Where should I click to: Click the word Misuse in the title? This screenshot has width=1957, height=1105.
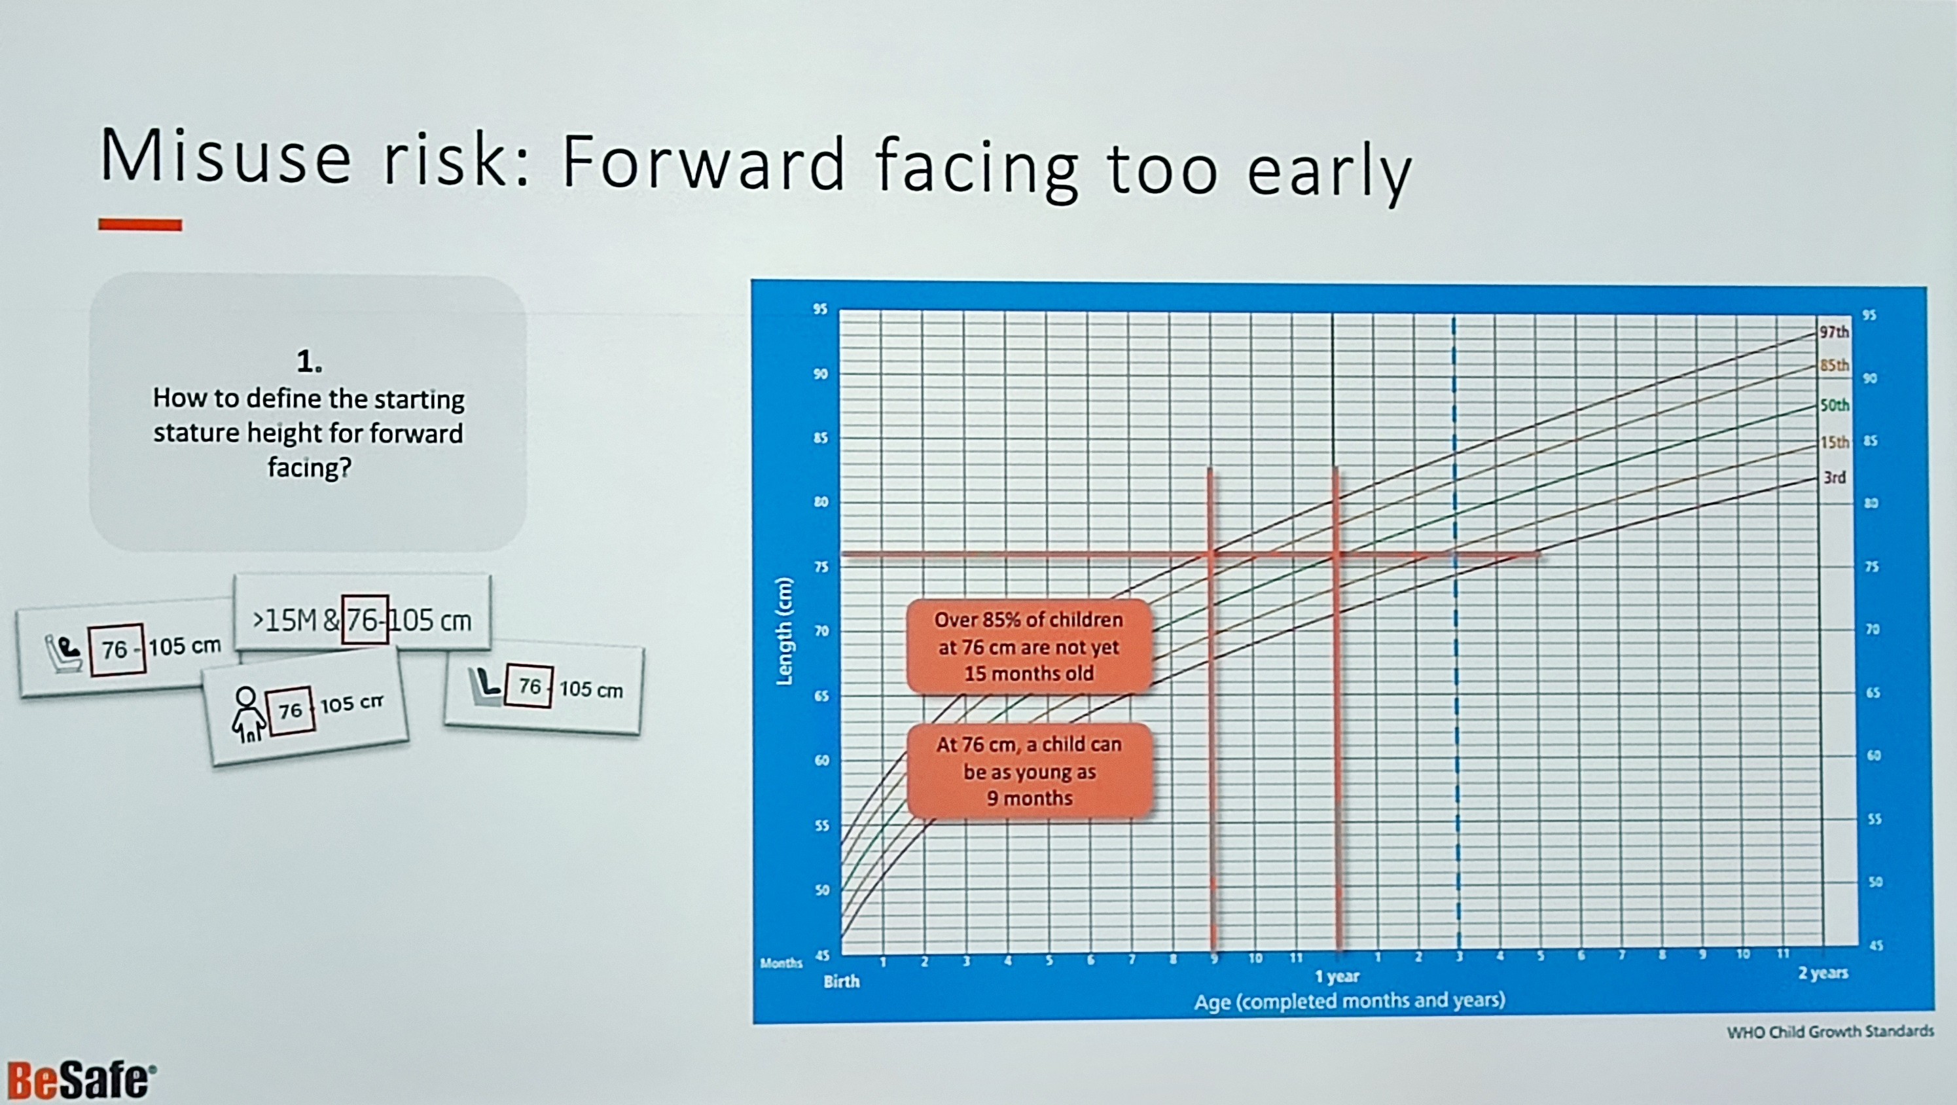click(x=226, y=158)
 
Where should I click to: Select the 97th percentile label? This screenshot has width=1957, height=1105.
click(x=1834, y=332)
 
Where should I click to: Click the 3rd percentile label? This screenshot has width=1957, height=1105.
click(x=1834, y=477)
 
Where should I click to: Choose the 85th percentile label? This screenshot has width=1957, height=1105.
click(x=1834, y=365)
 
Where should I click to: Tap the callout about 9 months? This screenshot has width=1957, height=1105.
click(x=1030, y=771)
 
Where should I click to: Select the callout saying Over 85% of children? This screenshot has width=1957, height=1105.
click(x=1029, y=647)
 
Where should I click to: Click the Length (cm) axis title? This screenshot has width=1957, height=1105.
click(x=784, y=632)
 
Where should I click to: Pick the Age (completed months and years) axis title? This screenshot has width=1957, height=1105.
click(x=1349, y=1001)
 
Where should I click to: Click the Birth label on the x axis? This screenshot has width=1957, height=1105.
click(x=842, y=981)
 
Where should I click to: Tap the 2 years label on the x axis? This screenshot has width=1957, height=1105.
click(x=1823, y=973)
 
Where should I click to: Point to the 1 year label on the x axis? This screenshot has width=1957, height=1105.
click(x=1337, y=977)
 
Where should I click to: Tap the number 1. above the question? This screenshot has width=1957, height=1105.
click(x=309, y=363)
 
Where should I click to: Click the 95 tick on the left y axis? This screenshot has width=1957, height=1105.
click(x=821, y=310)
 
